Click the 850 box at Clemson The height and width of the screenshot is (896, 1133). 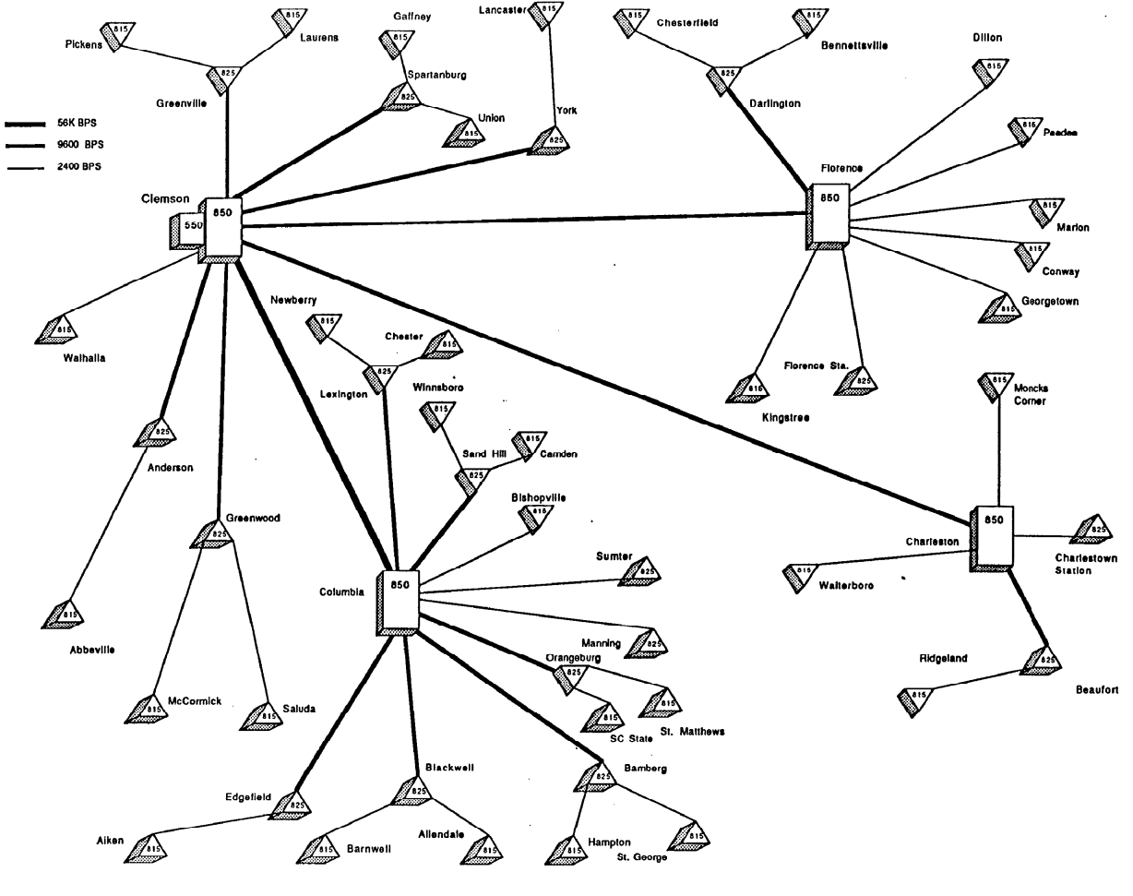(223, 227)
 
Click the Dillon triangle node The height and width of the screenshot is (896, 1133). (992, 71)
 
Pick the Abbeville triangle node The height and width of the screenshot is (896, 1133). (66, 613)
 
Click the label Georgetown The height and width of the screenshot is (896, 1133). (1049, 301)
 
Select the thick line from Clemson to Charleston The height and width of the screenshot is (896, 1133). (609, 379)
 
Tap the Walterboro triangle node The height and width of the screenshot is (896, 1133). (798, 576)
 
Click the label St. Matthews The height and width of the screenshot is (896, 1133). (692, 732)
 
